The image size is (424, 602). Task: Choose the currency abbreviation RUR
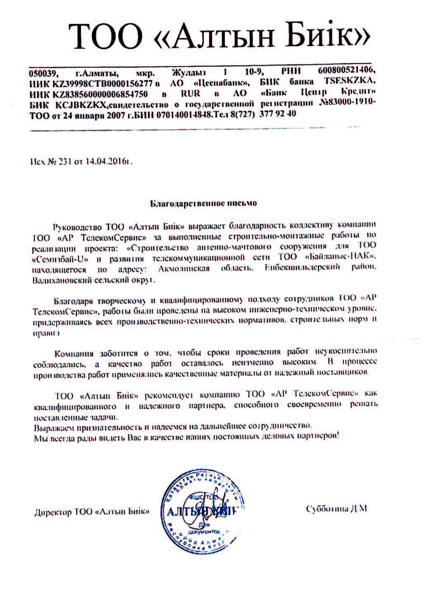(191, 93)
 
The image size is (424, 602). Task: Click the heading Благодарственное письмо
(202, 203)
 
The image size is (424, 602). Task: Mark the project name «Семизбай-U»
(60, 259)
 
